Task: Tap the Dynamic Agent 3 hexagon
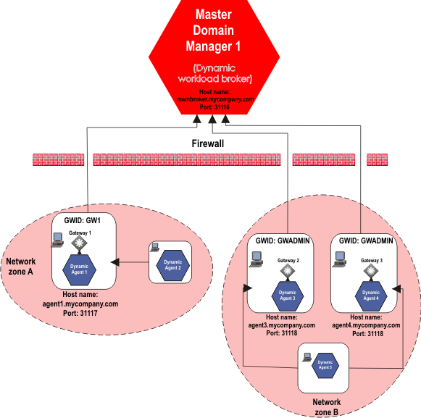click(288, 294)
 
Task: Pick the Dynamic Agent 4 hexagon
click(370, 294)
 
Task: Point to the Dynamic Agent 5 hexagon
click(325, 364)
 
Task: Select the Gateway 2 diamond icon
click(288, 270)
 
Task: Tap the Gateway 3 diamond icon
click(371, 270)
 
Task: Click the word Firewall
click(207, 144)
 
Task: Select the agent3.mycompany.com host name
click(281, 325)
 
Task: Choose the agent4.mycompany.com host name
click(365, 325)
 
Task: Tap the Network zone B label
click(326, 406)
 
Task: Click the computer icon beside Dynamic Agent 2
click(154, 248)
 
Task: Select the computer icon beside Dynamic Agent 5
click(307, 356)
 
